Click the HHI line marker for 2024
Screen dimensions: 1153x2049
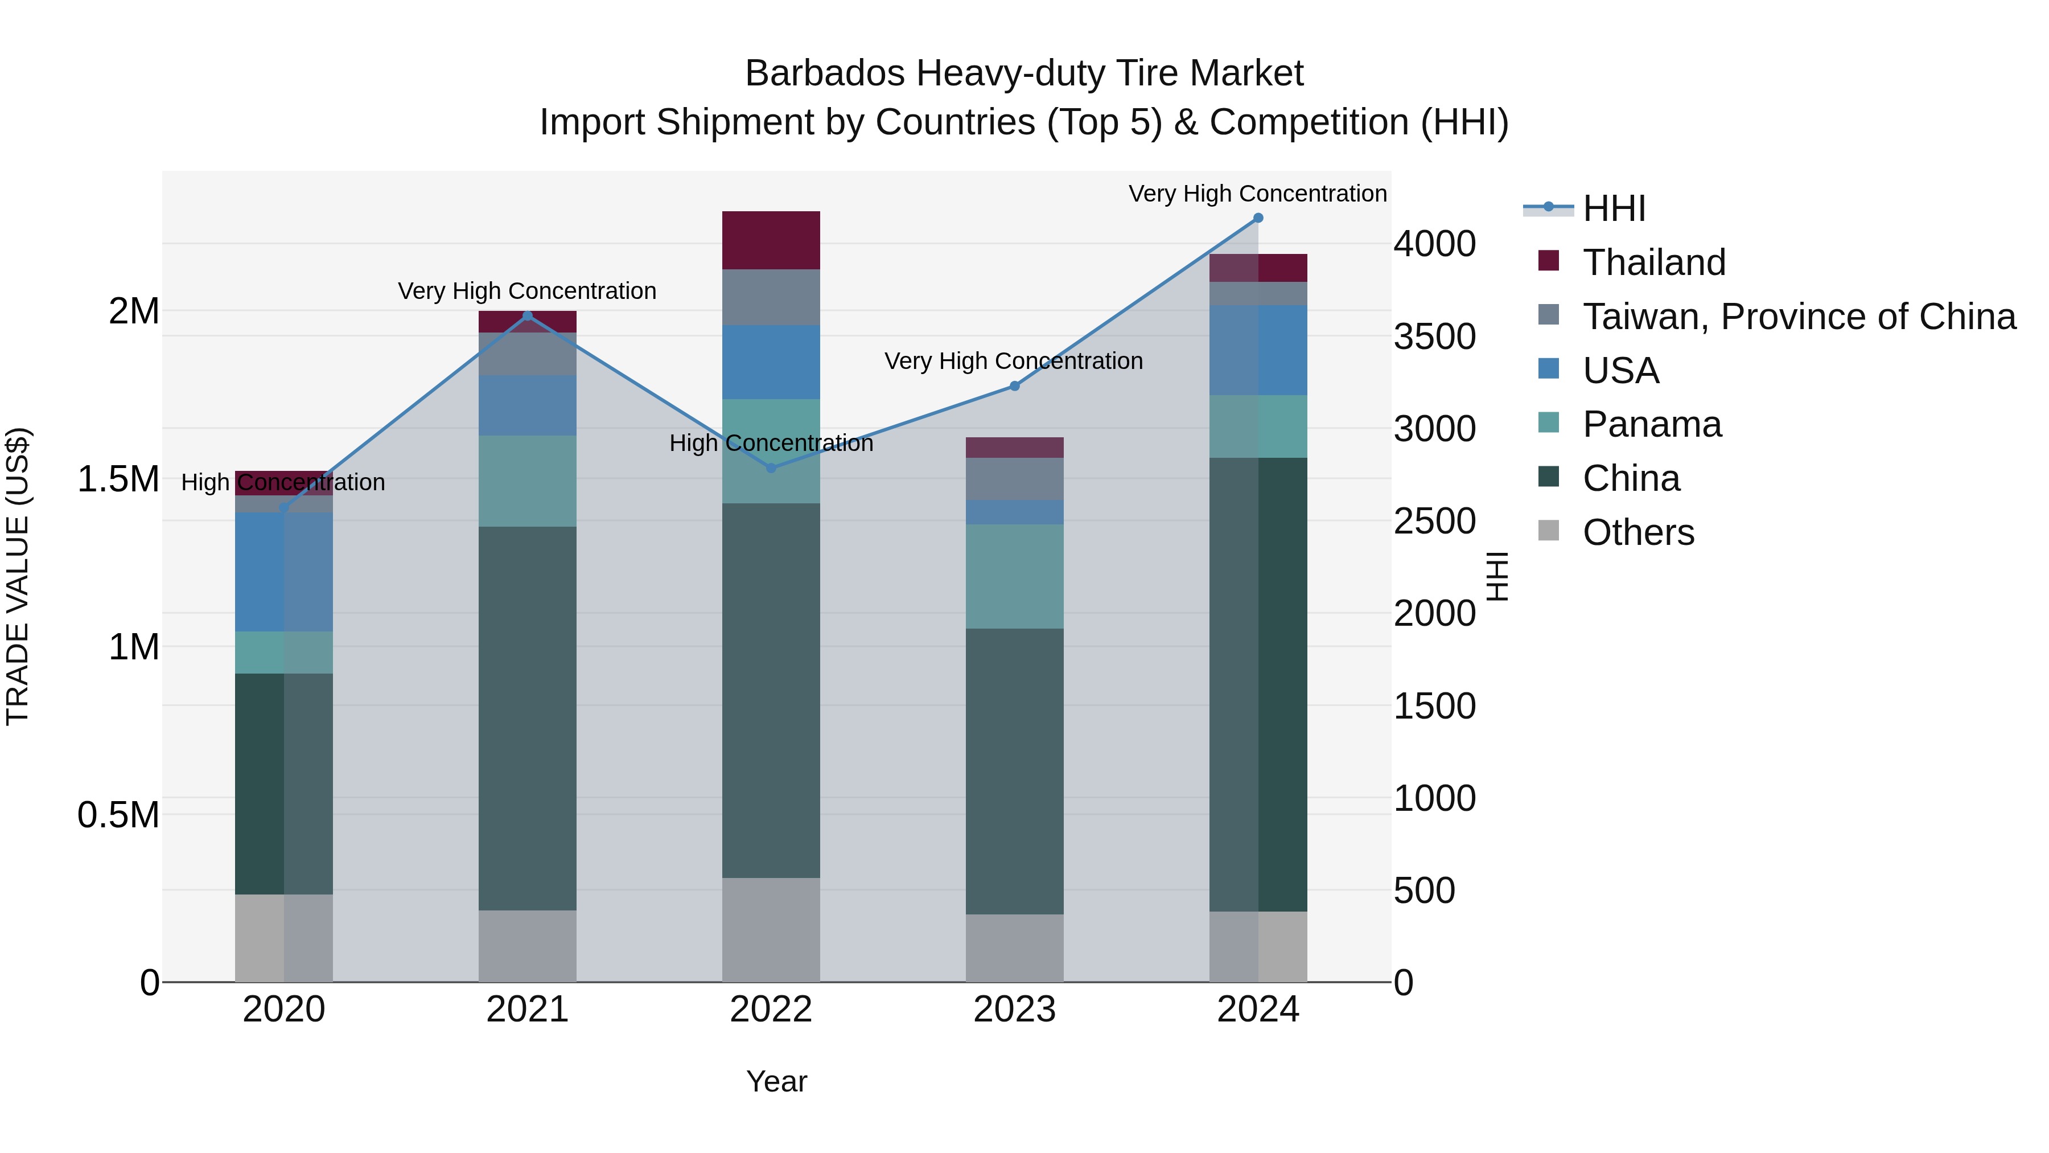point(1257,218)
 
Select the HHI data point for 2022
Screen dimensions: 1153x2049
point(771,469)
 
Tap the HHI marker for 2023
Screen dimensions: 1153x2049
point(1014,386)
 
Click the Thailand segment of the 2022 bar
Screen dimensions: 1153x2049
point(771,240)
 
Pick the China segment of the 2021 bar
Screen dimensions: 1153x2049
point(528,718)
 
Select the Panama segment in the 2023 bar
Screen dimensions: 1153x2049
point(1014,576)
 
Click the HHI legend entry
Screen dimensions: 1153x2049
point(1613,208)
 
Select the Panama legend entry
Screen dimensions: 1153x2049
point(1651,424)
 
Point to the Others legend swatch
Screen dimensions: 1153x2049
point(1549,531)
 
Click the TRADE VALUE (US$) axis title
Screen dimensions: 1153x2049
point(18,576)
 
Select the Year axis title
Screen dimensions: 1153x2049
point(776,1081)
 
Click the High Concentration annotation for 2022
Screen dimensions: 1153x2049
point(771,443)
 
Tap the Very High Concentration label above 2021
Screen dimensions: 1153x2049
point(528,291)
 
